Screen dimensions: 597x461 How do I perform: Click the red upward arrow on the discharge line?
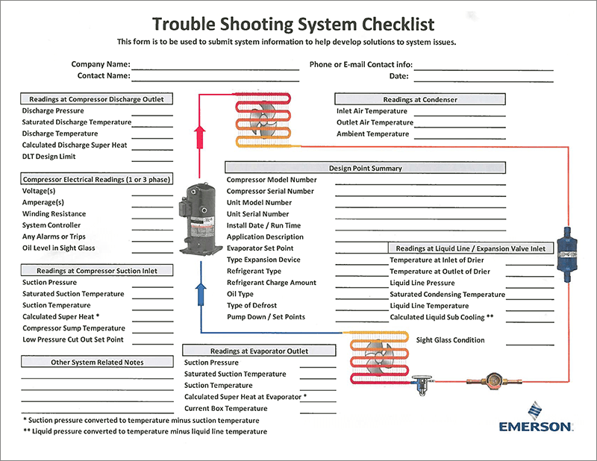(x=199, y=137)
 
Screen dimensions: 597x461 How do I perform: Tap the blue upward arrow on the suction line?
(x=201, y=294)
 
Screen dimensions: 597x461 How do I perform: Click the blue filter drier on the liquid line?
(x=567, y=254)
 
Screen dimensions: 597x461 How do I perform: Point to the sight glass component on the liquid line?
(x=495, y=380)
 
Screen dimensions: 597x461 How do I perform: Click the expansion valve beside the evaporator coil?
(x=422, y=384)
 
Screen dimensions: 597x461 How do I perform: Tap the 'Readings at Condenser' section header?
(x=420, y=99)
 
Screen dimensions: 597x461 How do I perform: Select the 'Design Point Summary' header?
(x=365, y=168)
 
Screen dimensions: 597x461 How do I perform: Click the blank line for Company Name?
(x=216, y=69)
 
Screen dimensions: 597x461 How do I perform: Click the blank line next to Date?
(x=484, y=81)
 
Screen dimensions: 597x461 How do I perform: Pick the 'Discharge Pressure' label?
(x=53, y=111)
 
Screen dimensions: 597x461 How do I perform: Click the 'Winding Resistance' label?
(x=54, y=214)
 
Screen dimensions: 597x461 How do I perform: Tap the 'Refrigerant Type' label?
(x=254, y=271)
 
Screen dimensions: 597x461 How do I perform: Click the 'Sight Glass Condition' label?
(x=451, y=340)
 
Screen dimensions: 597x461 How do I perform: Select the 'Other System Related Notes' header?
(x=97, y=362)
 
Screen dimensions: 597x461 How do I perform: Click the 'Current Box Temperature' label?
(x=226, y=409)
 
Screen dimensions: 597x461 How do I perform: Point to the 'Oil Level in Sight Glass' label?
(x=59, y=248)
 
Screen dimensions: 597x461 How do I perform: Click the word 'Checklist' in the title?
(x=398, y=24)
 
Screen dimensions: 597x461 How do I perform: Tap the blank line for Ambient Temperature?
(x=460, y=139)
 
